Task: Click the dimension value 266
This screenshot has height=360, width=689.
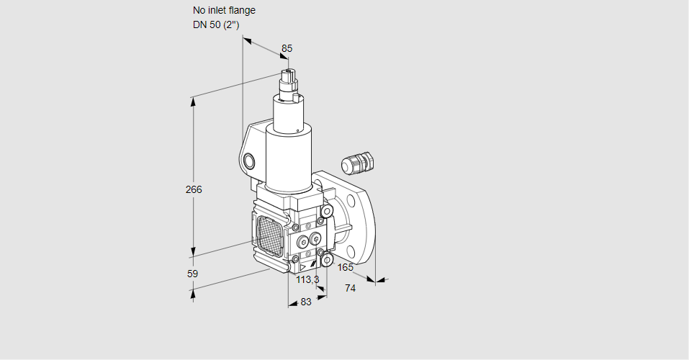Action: click(194, 190)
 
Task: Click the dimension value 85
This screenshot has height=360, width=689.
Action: click(287, 48)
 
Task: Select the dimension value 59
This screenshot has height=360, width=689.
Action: click(192, 274)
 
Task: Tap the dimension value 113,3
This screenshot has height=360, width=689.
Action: click(307, 279)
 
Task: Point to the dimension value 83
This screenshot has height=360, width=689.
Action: click(306, 302)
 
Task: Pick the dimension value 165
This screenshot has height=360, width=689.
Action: click(346, 268)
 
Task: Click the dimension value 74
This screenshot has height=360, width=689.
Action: click(351, 288)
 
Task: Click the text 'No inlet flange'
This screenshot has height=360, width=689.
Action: click(224, 11)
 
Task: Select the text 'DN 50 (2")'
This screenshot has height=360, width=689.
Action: click(216, 24)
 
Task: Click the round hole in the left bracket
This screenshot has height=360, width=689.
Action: click(249, 161)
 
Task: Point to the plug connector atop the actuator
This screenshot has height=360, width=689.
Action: click(289, 81)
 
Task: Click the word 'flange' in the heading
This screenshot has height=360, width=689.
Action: click(241, 11)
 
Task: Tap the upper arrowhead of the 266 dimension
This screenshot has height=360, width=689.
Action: click(193, 100)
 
